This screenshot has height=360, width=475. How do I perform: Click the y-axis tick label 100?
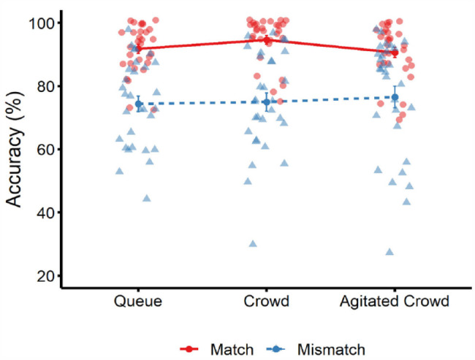tap(41, 23)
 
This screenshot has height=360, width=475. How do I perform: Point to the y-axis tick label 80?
tap(45, 87)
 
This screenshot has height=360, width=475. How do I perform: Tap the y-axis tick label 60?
tap(45, 150)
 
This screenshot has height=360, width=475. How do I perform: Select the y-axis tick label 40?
tap(45, 212)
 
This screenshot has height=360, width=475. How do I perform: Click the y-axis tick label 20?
tap(45, 276)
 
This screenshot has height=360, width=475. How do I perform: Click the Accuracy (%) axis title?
tap(14, 149)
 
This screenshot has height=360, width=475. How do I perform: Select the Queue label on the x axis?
tap(138, 302)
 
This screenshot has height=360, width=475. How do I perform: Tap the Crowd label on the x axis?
tap(266, 302)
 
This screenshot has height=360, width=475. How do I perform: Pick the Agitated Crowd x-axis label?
tap(395, 302)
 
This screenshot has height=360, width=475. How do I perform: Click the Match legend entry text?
tap(232, 350)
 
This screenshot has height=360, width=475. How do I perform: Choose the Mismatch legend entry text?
tap(331, 350)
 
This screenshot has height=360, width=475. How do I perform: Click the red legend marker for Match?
tap(189, 349)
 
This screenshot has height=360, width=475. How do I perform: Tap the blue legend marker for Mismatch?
tap(275, 349)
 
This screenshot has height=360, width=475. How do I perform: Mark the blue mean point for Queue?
tap(139, 104)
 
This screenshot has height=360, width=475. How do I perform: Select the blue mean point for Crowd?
tap(266, 102)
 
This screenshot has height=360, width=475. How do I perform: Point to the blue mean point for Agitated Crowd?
tap(395, 97)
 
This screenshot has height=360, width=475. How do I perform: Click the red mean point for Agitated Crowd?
tap(395, 53)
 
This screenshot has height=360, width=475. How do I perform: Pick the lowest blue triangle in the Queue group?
tap(147, 199)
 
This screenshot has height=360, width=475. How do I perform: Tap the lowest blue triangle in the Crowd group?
tap(253, 244)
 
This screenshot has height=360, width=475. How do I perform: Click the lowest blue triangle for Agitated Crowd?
tap(389, 252)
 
